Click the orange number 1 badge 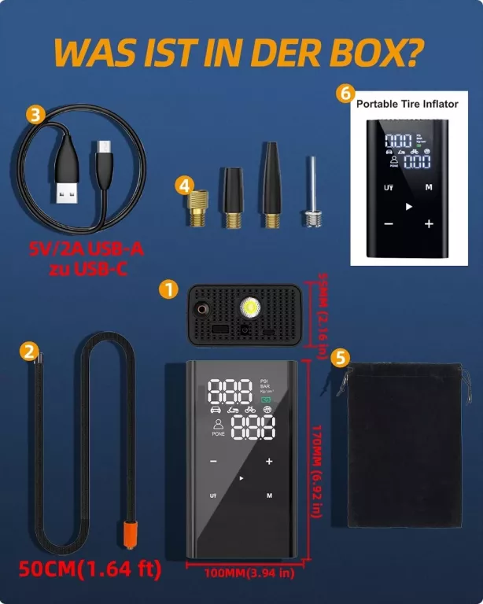pyautogui.click(x=167, y=289)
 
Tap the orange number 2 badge pyautogui.click(x=30, y=351)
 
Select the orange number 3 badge pyautogui.click(x=35, y=114)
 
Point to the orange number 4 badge pyautogui.click(x=184, y=186)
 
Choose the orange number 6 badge pyautogui.click(x=345, y=92)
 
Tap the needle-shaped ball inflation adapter pyautogui.click(x=312, y=193)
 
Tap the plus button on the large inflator pyautogui.click(x=270, y=462)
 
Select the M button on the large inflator pyautogui.click(x=269, y=495)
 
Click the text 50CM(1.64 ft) pyautogui.click(x=90, y=569)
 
